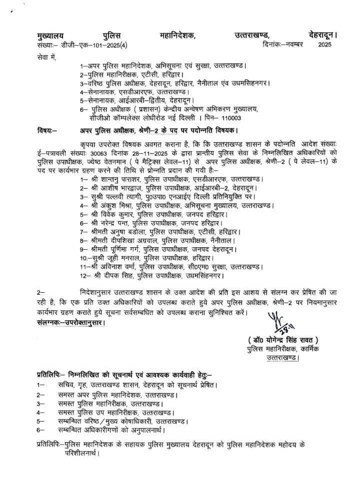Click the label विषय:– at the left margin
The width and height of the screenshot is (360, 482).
point(47,131)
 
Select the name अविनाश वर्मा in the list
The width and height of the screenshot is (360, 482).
point(115,266)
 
